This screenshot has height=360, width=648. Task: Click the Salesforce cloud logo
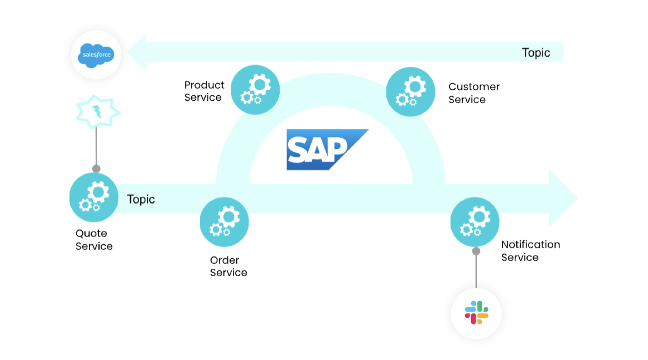click(96, 55)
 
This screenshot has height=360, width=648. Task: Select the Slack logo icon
click(476, 313)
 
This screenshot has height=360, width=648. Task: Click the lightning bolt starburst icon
click(97, 112)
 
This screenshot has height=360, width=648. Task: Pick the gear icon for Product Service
click(255, 90)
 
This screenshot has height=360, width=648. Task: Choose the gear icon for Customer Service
click(410, 92)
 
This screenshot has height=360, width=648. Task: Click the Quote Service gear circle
click(94, 197)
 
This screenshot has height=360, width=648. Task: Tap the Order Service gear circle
click(224, 222)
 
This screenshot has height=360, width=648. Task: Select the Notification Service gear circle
click(475, 222)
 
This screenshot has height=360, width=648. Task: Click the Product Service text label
click(204, 91)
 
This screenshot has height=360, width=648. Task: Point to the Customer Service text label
click(474, 93)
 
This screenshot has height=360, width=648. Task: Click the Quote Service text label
click(94, 240)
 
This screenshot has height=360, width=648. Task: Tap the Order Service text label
click(228, 266)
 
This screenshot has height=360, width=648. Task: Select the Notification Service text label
click(530, 251)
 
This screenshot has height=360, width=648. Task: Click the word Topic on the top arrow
click(536, 53)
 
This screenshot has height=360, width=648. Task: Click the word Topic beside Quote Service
click(141, 199)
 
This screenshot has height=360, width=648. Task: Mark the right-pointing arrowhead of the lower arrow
click(562, 198)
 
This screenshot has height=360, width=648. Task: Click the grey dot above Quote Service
click(96, 169)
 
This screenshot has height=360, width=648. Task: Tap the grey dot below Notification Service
click(476, 251)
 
